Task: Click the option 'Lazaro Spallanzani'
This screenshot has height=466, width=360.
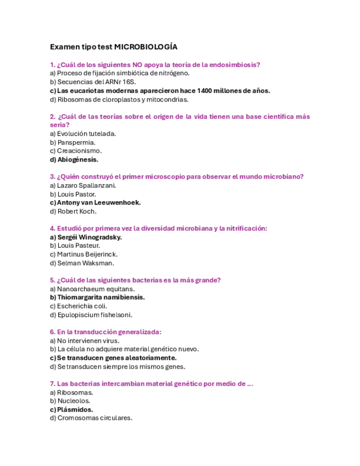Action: pyautogui.click(x=82, y=185)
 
